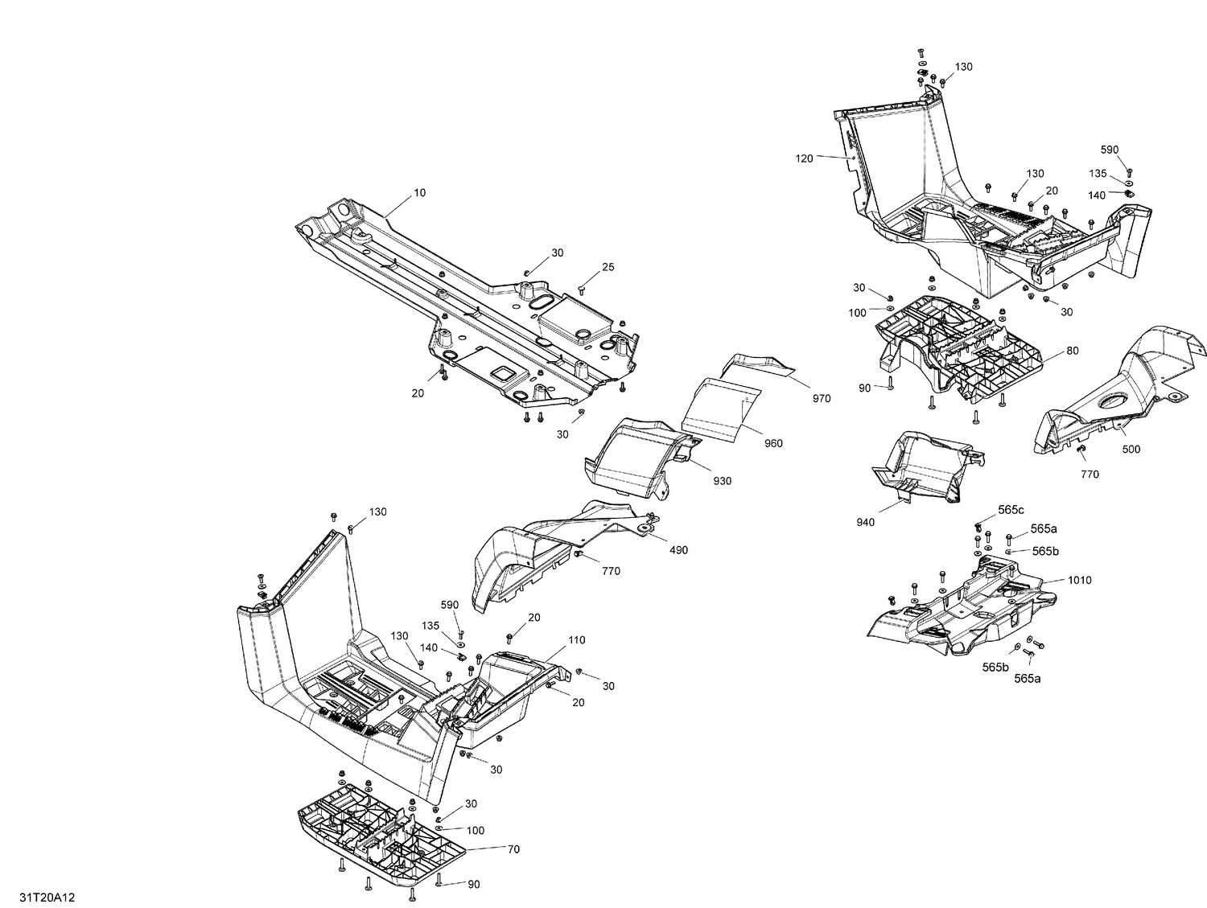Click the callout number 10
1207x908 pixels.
[420, 193]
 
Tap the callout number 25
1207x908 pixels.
[608, 267]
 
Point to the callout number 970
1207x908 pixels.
[822, 398]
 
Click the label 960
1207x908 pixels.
[773, 443]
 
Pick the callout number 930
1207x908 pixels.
[722, 481]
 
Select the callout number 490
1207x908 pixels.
[678, 550]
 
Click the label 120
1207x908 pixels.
[804, 158]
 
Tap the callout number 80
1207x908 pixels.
[1073, 351]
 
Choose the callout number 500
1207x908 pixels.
[1131, 450]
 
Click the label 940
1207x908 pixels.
[866, 523]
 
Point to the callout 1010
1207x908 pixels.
[1079, 580]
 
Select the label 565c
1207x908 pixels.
[1011, 510]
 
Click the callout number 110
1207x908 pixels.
[576, 640]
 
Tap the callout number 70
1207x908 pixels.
[513, 848]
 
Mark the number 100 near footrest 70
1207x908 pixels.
[476, 830]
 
